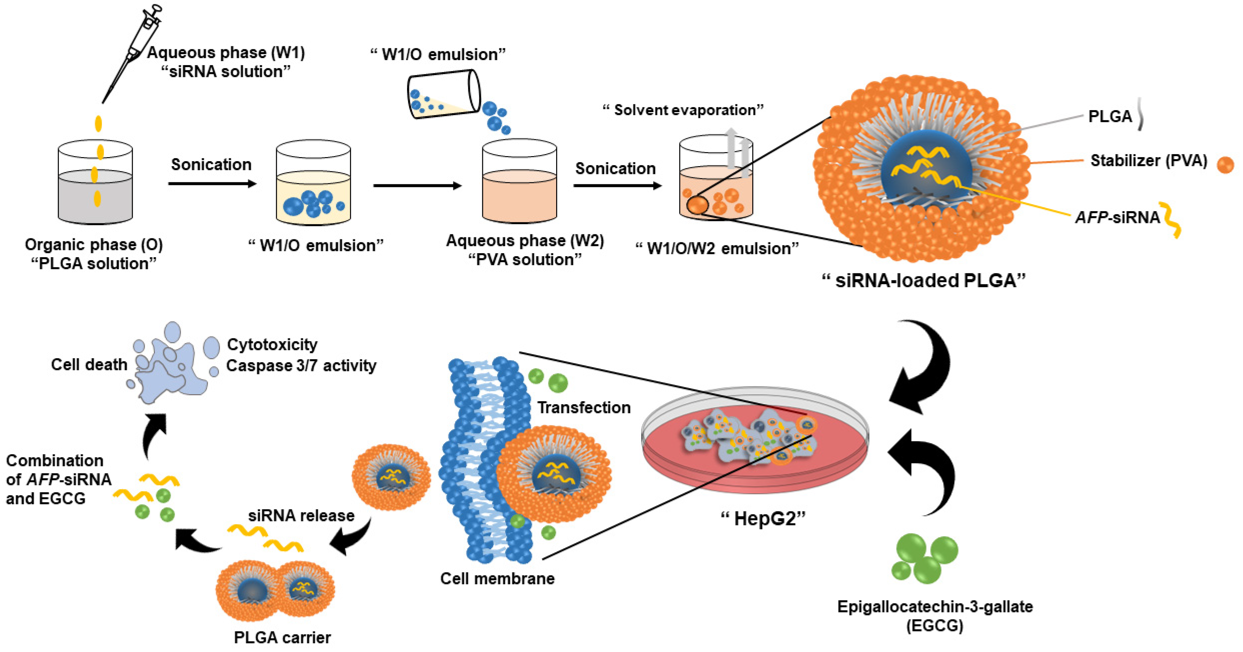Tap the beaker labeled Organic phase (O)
(x=95, y=183)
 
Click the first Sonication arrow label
(x=211, y=165)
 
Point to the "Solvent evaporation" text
(x=683, y=110)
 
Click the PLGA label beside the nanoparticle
(x=1110, y=116)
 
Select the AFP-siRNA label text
(x=1117, y=218)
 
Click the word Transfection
(x=584, y=408)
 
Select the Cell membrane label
(x=497, y=578)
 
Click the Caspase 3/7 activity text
(x=301, y=366)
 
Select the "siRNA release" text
(x=301, y=516)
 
